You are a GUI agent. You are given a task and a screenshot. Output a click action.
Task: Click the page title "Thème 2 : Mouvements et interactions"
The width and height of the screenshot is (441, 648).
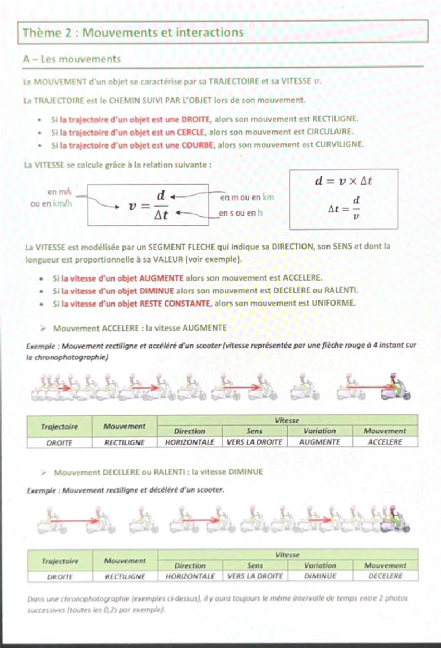pyautogui.click(x=133, y=32)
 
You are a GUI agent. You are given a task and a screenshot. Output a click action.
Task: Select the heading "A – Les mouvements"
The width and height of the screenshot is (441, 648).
pyautogui.click(x=72, y=59)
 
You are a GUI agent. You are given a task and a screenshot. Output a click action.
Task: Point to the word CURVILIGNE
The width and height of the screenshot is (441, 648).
pyautogui.click(x=339, y=144)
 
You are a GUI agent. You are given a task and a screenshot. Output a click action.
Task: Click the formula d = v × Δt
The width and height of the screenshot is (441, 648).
pyautogui.click(x=344, y=181)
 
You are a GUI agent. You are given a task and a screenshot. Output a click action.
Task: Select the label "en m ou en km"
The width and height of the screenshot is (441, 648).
pyautogui.click(x=247, y=198)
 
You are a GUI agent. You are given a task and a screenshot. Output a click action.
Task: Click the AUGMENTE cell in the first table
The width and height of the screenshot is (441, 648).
pyautogui.click(x=320, y=442)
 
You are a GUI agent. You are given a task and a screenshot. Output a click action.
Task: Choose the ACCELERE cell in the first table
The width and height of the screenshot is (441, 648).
pyautogui.click(x=385, y=442)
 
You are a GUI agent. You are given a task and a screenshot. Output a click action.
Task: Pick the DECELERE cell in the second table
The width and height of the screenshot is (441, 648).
pyautogui.click(x=385, y=576)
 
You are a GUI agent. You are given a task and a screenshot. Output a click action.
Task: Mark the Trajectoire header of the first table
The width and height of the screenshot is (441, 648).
pyautogui.click(x=60, y=426)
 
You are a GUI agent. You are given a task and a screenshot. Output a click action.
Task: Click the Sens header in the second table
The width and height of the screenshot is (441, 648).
pyautogui.click(x=255, y=565)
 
